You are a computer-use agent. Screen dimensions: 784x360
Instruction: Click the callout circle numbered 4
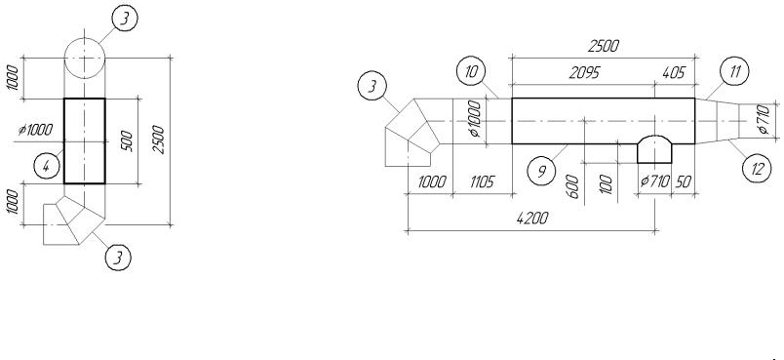coord(47,166)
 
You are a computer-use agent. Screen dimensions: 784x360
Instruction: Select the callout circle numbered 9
coord(541,172)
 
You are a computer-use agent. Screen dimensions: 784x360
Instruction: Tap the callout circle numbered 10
coord(471,71)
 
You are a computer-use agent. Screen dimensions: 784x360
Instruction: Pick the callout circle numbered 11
coord(734,71)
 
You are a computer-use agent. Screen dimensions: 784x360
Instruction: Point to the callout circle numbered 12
coord(757,169)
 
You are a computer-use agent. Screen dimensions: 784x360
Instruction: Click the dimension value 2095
coord(584,73)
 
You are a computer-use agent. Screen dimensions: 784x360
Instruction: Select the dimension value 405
coord(674,73)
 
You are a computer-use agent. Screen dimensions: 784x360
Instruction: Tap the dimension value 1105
coord(482,181)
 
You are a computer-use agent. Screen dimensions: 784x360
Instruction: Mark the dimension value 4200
coord(532,218)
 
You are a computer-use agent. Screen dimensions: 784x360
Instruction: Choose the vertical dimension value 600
coord(573,186)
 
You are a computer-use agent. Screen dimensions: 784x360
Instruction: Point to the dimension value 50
coord(683,181)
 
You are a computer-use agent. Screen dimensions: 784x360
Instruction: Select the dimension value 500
coord(127,141)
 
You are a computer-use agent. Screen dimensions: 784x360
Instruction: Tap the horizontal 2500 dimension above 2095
coord(604,46)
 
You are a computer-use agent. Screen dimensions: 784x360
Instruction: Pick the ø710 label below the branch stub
coord(654,181)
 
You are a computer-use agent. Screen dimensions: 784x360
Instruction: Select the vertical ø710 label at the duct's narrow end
coord(763,119)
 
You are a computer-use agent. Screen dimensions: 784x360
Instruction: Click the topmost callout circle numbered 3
coord(124,19)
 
